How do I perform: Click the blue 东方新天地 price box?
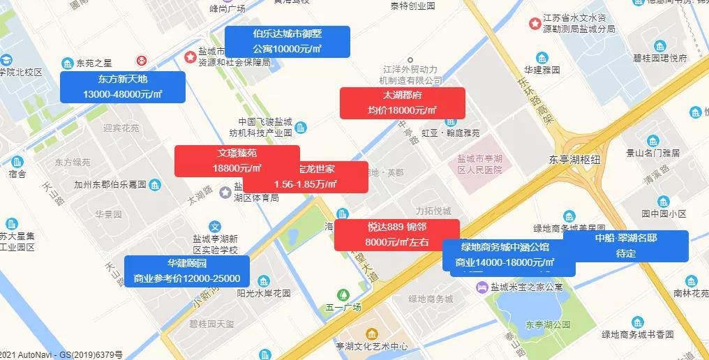click(x=123, y=87)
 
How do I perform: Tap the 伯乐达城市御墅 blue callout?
click(x=287, y=42)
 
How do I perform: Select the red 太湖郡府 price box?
click(x=402, y=103)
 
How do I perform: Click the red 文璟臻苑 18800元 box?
click(x=237, y=160)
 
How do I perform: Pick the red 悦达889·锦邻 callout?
click(x=396, y=234)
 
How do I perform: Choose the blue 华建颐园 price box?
click(x=187, y=271)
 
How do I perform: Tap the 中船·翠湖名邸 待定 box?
click(x=625, y=246)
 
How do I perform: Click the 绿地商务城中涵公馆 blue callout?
click(x=509, y=255)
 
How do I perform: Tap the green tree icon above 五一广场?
click(x=343, y=294)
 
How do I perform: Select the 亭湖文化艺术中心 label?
click(x=371, y=347)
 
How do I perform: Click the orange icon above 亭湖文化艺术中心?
click(x=372, y=333)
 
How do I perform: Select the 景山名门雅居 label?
click(x=652, y=153)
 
